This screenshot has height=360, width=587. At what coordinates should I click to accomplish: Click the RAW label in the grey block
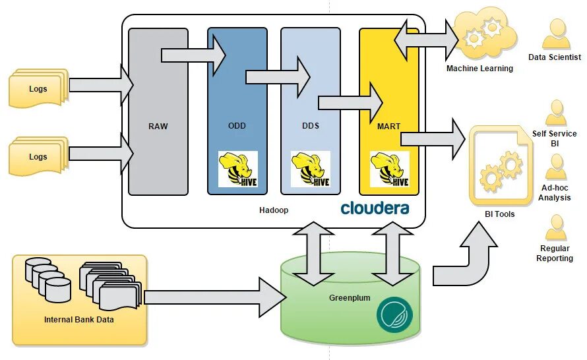click(158, 126)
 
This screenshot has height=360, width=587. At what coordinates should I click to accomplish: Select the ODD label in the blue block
click(237, 126)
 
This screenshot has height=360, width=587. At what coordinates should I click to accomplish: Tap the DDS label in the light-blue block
click(310, 126)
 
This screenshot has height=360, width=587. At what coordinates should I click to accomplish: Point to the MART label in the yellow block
click(389, 126)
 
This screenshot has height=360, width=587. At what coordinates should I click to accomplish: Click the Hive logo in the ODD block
click(237, 169)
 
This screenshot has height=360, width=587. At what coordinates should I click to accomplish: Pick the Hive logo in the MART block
click(389, 169)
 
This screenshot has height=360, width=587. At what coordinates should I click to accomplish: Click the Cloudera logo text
click(375, 208)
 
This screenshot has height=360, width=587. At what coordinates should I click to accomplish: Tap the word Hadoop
click(274, 210)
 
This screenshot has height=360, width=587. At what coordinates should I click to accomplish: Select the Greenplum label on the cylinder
click(350, 298)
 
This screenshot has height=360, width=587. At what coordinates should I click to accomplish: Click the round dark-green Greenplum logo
click(394, 315)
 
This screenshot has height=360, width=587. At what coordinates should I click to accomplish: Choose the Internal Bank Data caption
click(79, 320)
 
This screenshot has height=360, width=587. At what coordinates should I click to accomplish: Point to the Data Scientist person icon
click(555, 34)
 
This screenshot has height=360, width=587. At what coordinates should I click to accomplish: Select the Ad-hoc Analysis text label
click(555, 193)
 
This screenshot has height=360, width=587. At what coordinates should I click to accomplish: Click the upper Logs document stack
click(38, 88)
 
